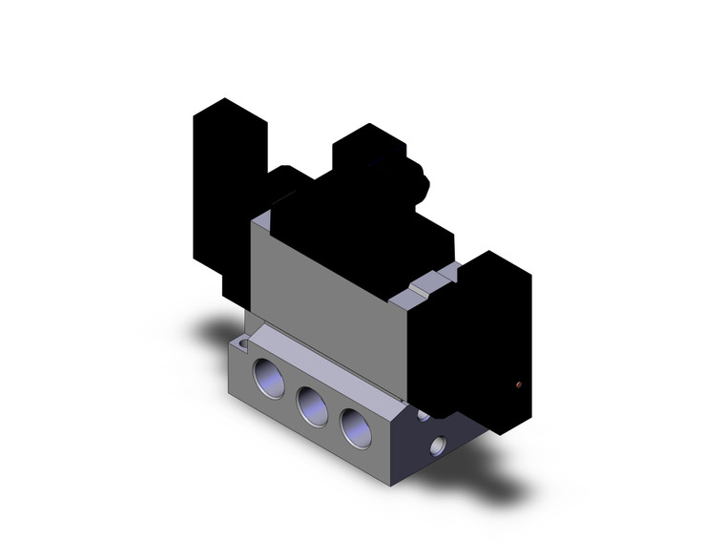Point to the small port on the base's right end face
[438, 445]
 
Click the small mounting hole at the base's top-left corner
[245, 341]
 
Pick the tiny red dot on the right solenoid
[518, 384]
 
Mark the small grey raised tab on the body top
[431, 282]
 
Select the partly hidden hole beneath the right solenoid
[422, 416]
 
